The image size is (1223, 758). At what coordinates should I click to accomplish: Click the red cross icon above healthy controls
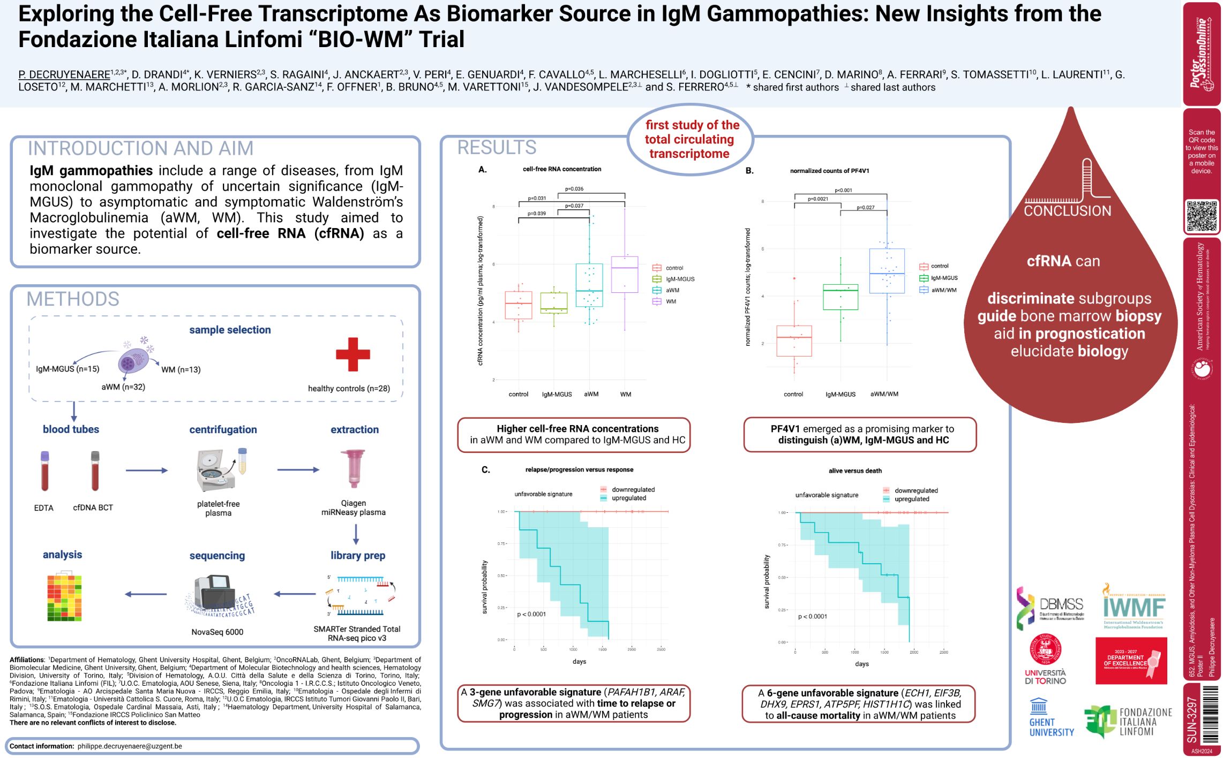pyautogui.click(x=352, y=354)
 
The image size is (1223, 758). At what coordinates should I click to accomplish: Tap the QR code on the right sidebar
pyautogui.click(x=1202, y=216)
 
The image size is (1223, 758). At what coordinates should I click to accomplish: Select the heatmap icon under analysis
pyautogui.click(x=64, y=597)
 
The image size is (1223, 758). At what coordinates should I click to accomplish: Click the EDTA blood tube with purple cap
pyautogui.click(x=44, y=471)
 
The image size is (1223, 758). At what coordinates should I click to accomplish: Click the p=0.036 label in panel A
pyautogui.click(x=574, y=189)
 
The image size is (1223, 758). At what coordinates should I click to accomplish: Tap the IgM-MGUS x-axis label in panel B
pyautogui.click(x=840, y=395)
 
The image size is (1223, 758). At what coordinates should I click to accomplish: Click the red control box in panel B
pyautogui.click(x=794, y=340)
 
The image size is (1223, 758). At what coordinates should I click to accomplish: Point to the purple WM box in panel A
pyautogui.click(x=625, y=275)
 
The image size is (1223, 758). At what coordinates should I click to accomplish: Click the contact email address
pyautogui.click(x=130, y=746)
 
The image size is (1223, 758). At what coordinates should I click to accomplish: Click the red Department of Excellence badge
pyautogui.click(x=1131, y=661)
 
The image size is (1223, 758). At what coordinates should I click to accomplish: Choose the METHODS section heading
pyautogui.click(x=73, y=299)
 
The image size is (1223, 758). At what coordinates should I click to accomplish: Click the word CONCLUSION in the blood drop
pyautogui.click(x=1067, y=211)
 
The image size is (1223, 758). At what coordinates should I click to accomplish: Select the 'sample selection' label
pyautogui.click(x=230, y=330)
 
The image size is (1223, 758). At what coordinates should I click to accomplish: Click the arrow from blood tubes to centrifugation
pyautogui.click(x=146, y=471)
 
